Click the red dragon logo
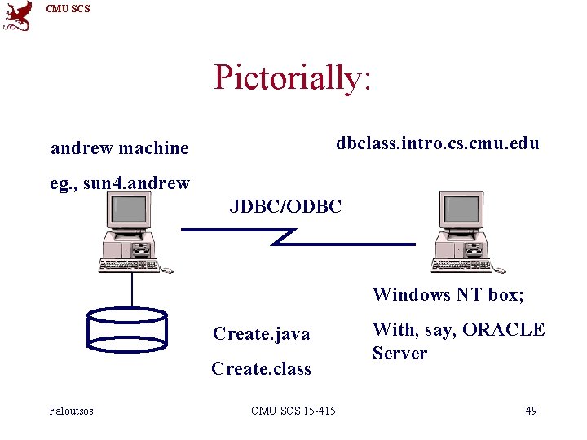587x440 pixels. [18, 15]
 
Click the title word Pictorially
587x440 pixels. [292, 77]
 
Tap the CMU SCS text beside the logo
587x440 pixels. [68, 9]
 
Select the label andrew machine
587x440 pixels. [119, 148]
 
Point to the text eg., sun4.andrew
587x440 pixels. [120, 183]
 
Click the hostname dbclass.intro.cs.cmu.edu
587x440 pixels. [438, 143]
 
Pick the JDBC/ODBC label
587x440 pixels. [285, 206]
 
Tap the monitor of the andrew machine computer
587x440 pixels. [129, 210]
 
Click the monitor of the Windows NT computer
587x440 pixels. [461, 210]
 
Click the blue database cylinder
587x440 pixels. [126, 329]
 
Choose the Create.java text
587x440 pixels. [261, 334]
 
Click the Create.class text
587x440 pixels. [261, 369]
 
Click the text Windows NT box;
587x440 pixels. [448, 295]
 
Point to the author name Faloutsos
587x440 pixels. [72, 411]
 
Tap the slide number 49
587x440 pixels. [531, 411]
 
